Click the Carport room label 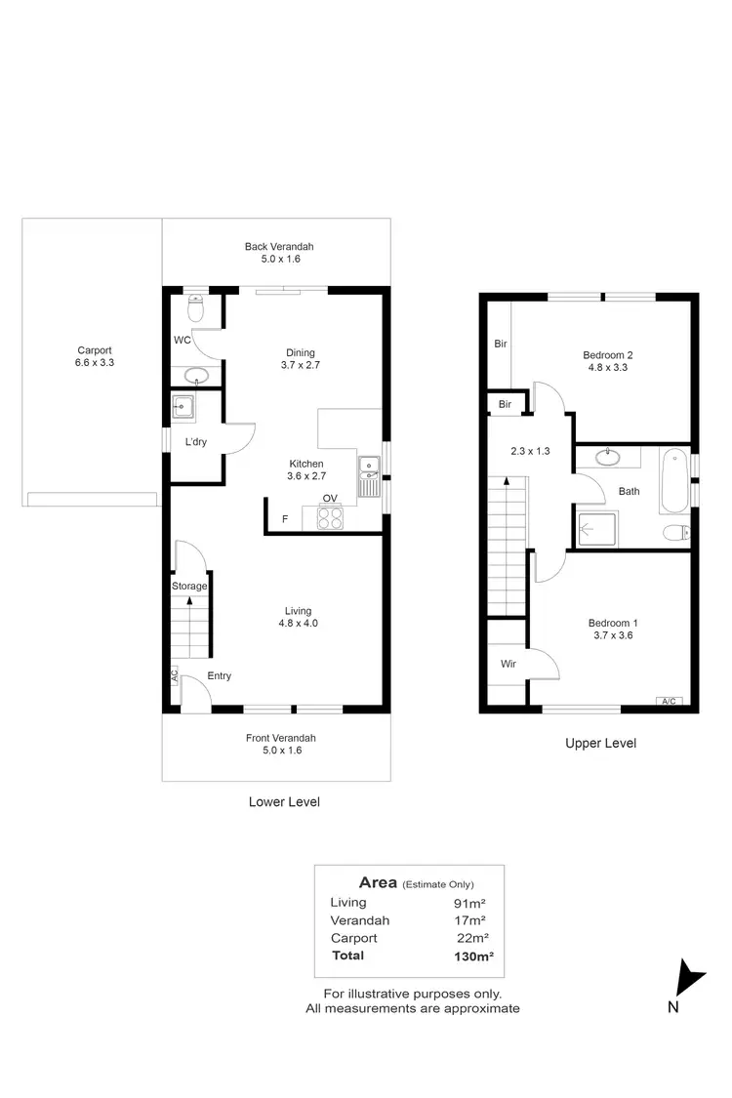pyautogui.click(x=95, y=356)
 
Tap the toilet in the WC pyautogui.click(x=195, y=308)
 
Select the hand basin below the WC pyautogui.click(x=195, y=376)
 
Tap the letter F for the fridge pyautogui.click(x=285, y=519)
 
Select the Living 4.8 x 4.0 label pyautogui.click(x=299, y=617)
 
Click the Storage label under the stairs pyautogui.click(x=189, y=587)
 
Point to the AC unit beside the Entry pyautogui.click(x=174, y=675)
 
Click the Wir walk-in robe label pyautogui.click(x=508, y=664)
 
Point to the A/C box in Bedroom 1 pyautogui.click(x=669, y=701)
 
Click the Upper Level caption pyautogui.click(x=600, y=744)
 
